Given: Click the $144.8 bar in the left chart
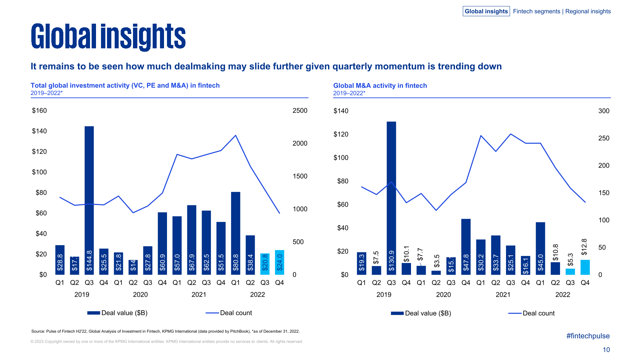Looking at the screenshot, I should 89,200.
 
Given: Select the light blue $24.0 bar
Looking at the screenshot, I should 279,262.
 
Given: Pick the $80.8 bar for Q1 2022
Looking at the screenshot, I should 236,233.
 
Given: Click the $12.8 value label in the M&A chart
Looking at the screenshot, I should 584,247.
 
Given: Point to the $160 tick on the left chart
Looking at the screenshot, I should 39,111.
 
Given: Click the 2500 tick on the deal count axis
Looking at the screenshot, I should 300,111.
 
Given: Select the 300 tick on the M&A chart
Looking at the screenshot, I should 603,111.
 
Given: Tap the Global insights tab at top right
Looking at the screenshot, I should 486,11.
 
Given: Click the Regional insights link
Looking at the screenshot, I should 588,11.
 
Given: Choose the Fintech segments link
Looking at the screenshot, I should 536,11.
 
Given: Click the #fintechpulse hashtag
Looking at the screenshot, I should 588,336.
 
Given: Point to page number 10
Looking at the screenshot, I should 606,350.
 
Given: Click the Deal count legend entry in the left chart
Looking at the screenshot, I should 236,313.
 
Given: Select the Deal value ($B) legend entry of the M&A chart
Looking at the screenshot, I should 428,313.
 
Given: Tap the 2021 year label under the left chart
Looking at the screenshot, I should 199,295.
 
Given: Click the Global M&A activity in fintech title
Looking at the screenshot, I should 380,86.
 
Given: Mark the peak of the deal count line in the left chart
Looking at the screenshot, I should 236,135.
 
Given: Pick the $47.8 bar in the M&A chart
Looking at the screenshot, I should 466,247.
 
